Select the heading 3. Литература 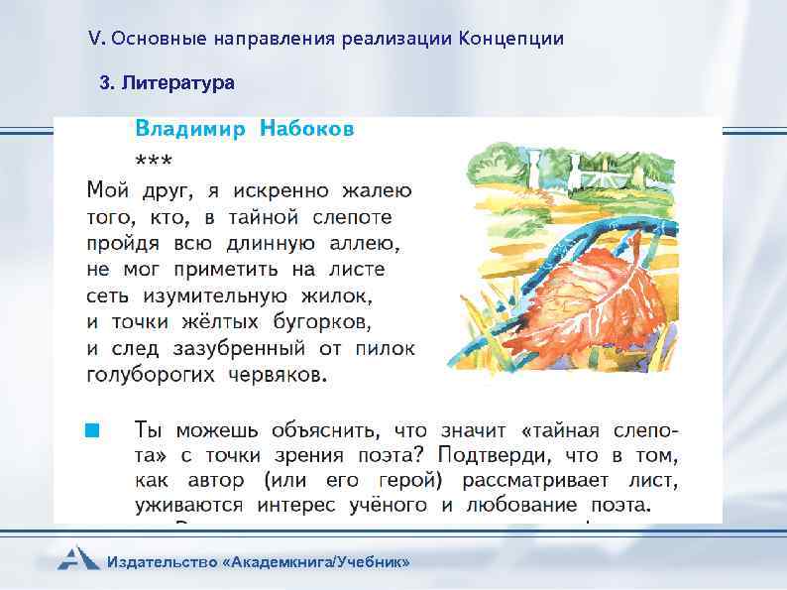(168, 83)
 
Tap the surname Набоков (307, 129)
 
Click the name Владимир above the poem (189, 129)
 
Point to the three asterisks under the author (153, 160)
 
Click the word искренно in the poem (270, 189)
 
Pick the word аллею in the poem (355, 243)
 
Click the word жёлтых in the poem (218, 322)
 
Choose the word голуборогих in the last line (148, 376)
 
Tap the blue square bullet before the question (91, 430)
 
